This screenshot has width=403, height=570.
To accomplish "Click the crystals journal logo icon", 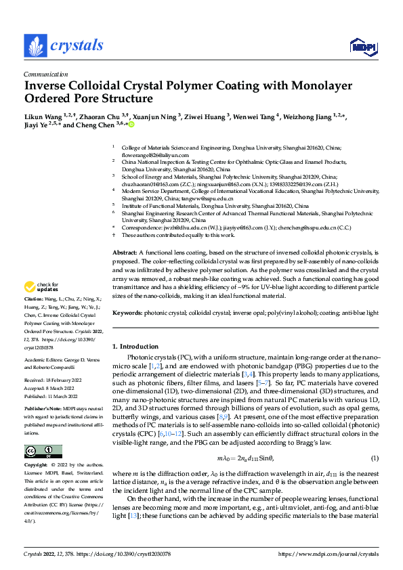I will (34, 46).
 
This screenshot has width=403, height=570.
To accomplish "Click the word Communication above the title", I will (45, 75).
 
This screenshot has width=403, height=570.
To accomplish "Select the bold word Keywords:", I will (127, 313).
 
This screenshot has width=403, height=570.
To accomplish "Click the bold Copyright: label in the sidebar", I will (37, 466).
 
